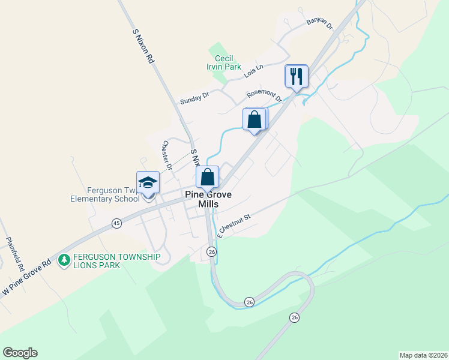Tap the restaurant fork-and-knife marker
tap(296, 76)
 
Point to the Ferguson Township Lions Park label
tap(117, 261)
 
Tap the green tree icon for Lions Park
tap(64, 260)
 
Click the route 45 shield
tap(116, 223)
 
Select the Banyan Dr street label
tap(319, 23)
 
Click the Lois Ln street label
tap(254, 72)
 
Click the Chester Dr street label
tap(167, 155)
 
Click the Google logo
tap(20, 353)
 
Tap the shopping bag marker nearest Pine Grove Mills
tap(207, 178)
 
